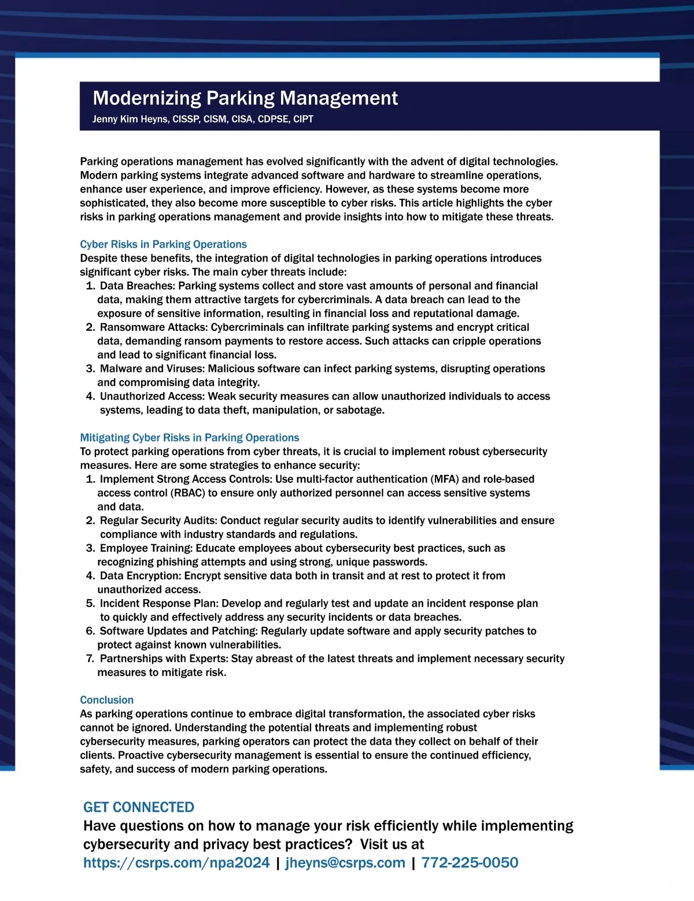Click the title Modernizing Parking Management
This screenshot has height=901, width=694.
pyautogui.click(x=245, y=98)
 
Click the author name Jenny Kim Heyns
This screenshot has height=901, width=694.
pyautogui.click(x=130, y=119)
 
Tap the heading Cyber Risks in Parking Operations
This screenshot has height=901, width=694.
pyautogui.click(x=163, y=244)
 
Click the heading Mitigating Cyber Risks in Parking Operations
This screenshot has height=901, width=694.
pyautogui.click(x=189, y=438)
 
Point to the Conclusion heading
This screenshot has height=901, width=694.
pyautogui.click(x=106, y=700)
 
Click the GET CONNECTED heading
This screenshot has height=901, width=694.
pyautogui.click(x=139, y=807)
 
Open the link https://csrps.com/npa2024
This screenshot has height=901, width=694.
pyautogui.click(x=176, y=863)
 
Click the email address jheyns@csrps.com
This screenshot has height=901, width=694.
pyautogui.click(x=345, y=863)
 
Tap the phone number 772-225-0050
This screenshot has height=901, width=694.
pyautogui.click(x=470, y=863)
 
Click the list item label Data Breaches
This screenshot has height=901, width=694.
pyautogui.click(x=137, y=286)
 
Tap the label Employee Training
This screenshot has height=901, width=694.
pyautogui.click(x=146, y=548)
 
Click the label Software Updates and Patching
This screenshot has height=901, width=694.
pyautogui.click(x=178, y=631)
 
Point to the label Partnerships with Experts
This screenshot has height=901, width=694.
pyautogui.click(x=164, y=659)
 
